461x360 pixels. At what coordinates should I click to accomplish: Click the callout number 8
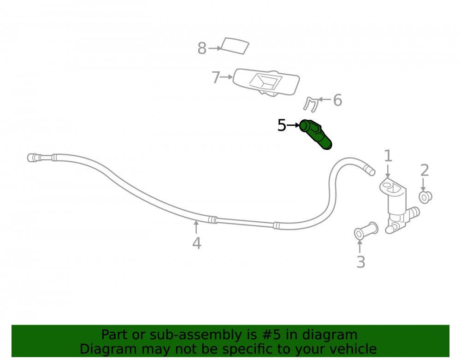[x=202, y=48]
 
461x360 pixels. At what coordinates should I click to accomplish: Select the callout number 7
[x=216, y=77]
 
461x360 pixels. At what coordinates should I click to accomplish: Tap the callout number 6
[x=337, y=100]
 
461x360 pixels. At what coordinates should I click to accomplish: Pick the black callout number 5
[x=282, y=125]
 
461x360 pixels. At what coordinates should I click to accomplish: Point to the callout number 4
[x=197, y=243]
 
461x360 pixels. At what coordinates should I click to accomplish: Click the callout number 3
[x=361, y=262]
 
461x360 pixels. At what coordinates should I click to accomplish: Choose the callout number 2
[x=425, y=171]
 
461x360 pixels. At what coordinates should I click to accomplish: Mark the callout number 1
[x=388, y=156]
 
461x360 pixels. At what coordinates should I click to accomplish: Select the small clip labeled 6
[x=311, y=105]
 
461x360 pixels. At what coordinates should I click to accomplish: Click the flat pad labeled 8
[x=235, y=46]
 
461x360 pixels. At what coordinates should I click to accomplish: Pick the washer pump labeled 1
[x=398, y=206]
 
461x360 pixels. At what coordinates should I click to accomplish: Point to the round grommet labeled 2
[x=425, y=197]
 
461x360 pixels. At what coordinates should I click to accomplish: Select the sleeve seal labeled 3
[x=366, y=230]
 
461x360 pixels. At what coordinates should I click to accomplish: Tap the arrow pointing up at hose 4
[x=196, y=227]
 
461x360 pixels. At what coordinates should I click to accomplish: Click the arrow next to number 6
[x=325, y=100]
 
